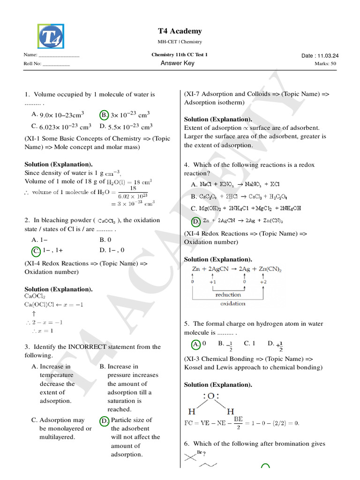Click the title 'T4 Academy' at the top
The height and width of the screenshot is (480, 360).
(180, 31)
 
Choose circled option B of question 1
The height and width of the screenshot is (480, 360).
(104, 114)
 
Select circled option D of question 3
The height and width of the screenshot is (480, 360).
(104, 420)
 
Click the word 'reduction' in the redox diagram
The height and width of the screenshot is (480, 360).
(228, 294)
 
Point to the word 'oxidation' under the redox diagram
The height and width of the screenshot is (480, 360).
(232, 303)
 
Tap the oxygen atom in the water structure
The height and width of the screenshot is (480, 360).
(211, 397)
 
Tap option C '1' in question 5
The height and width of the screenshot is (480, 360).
(249, 344)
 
